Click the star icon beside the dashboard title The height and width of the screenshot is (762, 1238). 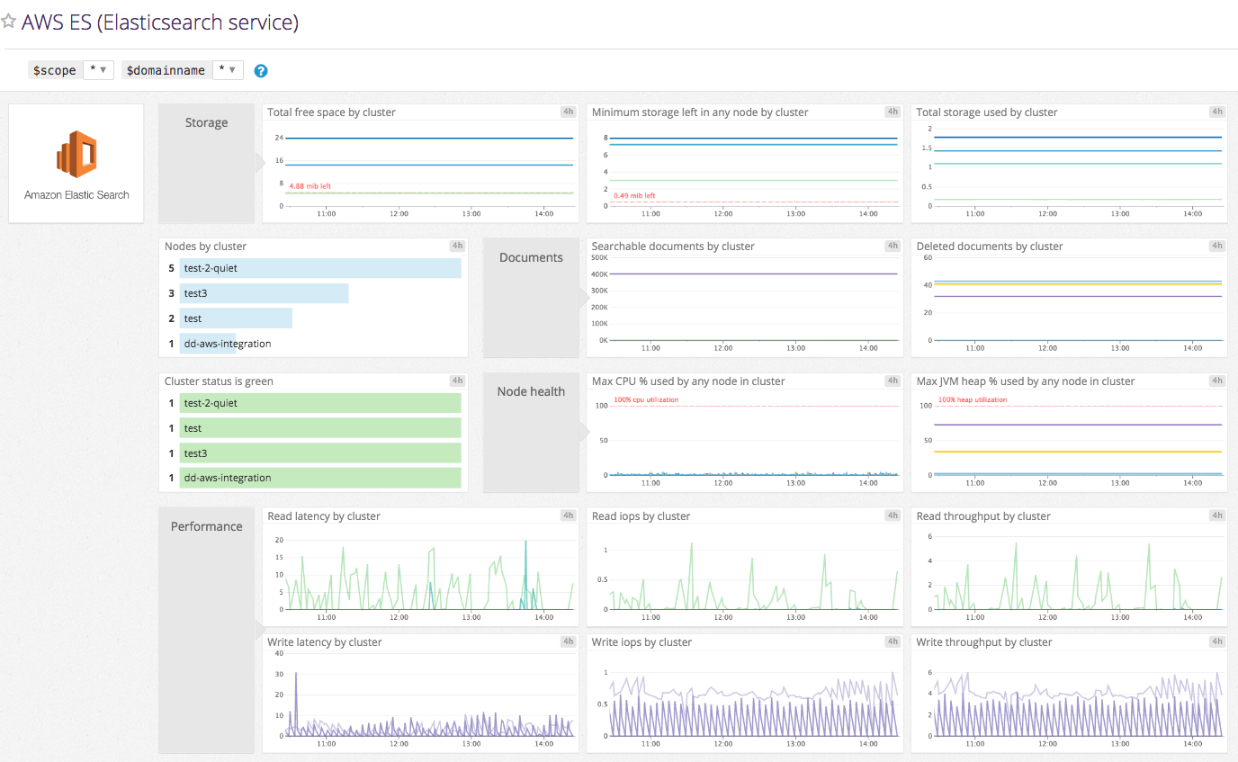[9, 22]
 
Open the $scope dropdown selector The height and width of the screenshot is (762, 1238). [98, 70]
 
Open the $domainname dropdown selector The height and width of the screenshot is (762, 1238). [228, 70]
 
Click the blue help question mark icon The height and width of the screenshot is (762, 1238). [261, 71]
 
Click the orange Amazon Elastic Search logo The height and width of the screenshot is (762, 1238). [76, 156]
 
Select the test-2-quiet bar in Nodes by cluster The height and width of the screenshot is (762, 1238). [319, 268]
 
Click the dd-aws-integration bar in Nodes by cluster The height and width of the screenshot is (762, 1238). [207, 344]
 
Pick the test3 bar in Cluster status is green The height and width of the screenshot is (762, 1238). [319, 453]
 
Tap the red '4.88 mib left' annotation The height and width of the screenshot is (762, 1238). [309, 186]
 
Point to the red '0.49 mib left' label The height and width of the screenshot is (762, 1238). [634, 195]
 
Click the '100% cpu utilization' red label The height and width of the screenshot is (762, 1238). [646, 399]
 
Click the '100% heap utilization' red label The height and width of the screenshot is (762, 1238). [973, 399]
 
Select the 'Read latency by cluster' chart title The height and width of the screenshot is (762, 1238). [324, 516]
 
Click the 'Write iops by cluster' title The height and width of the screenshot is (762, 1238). [641, 642]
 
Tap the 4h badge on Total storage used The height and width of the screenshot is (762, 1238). [1216, 112]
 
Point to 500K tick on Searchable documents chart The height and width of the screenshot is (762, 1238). [599, 257]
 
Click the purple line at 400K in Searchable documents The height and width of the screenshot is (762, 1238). [756, 273]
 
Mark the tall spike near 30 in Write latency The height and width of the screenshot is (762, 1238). [296, 675]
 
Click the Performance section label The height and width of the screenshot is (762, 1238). [206, 526]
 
